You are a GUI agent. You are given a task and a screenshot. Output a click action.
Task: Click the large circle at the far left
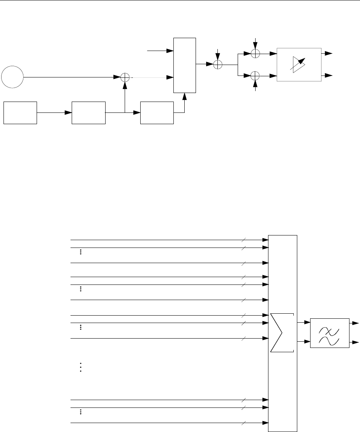point(12,77)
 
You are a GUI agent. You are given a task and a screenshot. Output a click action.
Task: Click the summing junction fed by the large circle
point(125,77)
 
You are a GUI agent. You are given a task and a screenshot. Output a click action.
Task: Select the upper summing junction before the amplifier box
point(255,54)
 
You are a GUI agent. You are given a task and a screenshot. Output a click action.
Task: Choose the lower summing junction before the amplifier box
point(255,75)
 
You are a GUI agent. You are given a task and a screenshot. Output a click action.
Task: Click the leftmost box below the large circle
point(20,112)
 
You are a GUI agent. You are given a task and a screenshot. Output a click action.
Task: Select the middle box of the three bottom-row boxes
point(89,112)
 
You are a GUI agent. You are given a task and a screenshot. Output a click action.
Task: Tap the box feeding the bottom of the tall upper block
point(157,112)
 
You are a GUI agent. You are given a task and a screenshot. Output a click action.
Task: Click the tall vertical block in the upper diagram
point(185,65)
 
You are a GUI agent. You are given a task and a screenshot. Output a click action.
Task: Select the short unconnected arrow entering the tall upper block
point(160,51)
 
